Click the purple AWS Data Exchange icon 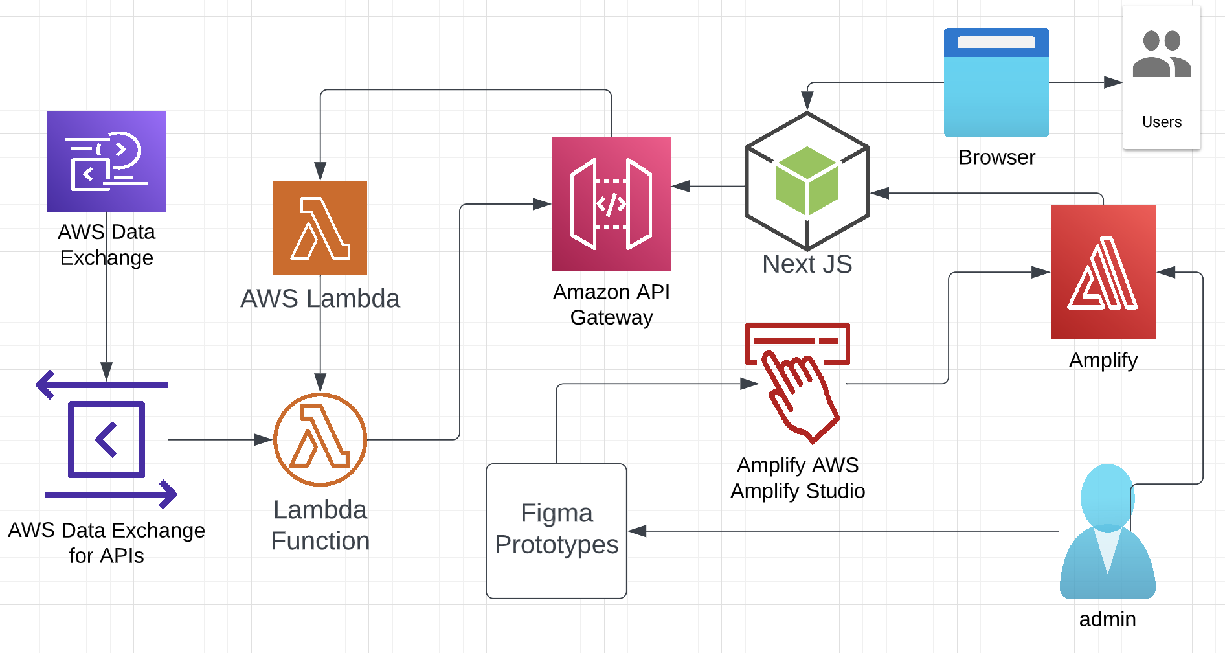click(x=106, y=161)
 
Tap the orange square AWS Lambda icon click(x=320, y=228)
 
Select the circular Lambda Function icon click(x=320, y=439)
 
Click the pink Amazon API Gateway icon click(x=611, y=203)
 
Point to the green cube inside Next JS click(x=807, y=181)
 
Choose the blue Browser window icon click(x=996, y=82)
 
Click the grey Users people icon click(x=1162, y=55)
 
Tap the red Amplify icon click(x=1103, y=272)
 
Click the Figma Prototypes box click(x=556, y=531)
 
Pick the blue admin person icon click(x=1107, y=531)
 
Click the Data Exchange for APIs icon click(x=107, y=439)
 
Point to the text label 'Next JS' click(x=807, y=264)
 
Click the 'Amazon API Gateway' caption click(x=611, y=304)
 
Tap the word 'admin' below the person click(x=1107, y=619)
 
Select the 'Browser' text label click(x=996, y=157)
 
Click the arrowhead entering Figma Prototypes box click(x=637, y=531)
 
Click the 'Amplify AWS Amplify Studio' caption click(x=798, y=478)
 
